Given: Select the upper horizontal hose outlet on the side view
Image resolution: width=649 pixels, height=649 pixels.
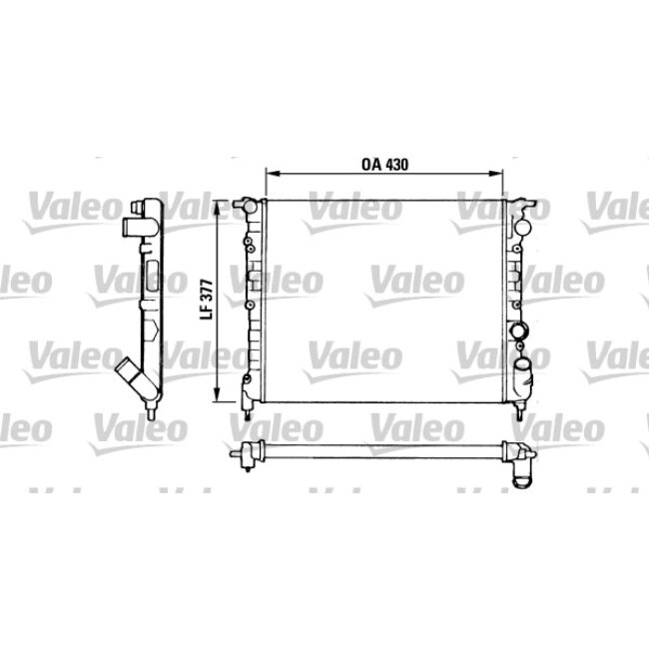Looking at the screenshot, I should tap(132, 228).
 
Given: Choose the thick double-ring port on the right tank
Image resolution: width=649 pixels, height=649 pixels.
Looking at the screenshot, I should tap(518, 331).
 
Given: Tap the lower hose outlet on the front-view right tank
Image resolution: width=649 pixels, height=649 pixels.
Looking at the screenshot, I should tap(524, 374).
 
